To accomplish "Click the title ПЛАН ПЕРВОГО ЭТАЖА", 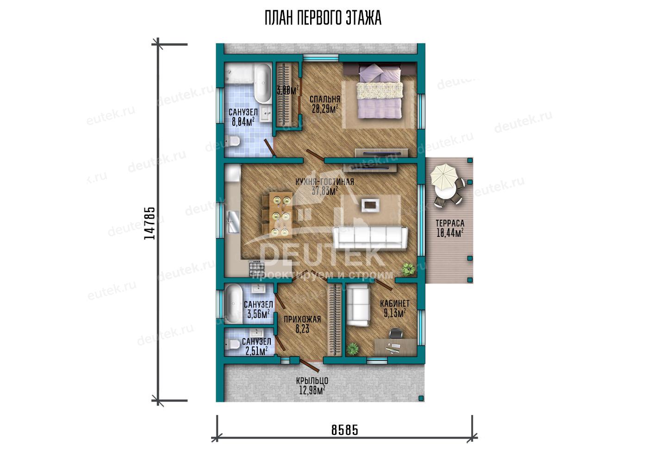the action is pos(323,18).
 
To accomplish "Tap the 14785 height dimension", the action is pos(150,223).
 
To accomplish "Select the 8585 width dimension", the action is pos(345,430).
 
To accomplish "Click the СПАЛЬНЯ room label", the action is pos(325,99).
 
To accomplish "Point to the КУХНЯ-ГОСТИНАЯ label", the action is pos(325,182).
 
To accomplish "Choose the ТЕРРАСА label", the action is pos(450,223).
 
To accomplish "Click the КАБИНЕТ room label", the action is pos(394,303).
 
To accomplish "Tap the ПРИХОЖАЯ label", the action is pos(302,319).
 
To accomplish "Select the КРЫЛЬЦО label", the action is pos(312,381).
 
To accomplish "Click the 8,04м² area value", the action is pos(243,122).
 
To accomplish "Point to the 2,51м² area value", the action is pos(256,351).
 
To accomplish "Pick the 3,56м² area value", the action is pos(259,314).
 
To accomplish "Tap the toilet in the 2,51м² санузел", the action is pos(232,344).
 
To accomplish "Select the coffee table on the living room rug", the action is pos(370,205).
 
